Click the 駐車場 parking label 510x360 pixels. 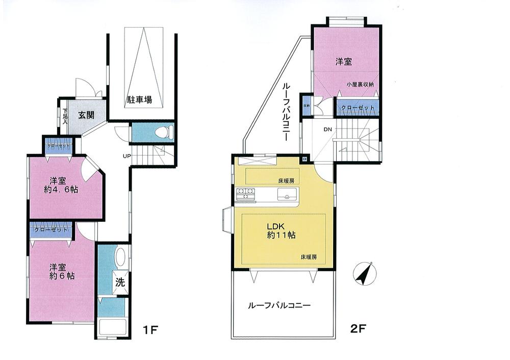click(140, 100)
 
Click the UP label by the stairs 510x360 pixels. click(125, 155)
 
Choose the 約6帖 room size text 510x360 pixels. click(62, 275)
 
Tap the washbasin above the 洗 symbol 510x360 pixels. click(120, 258)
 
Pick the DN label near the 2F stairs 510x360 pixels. click(327, 129)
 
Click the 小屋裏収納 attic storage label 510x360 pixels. click(360, 85)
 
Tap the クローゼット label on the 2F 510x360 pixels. click(357, 108)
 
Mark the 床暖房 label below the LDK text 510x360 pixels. click(310, 256)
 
